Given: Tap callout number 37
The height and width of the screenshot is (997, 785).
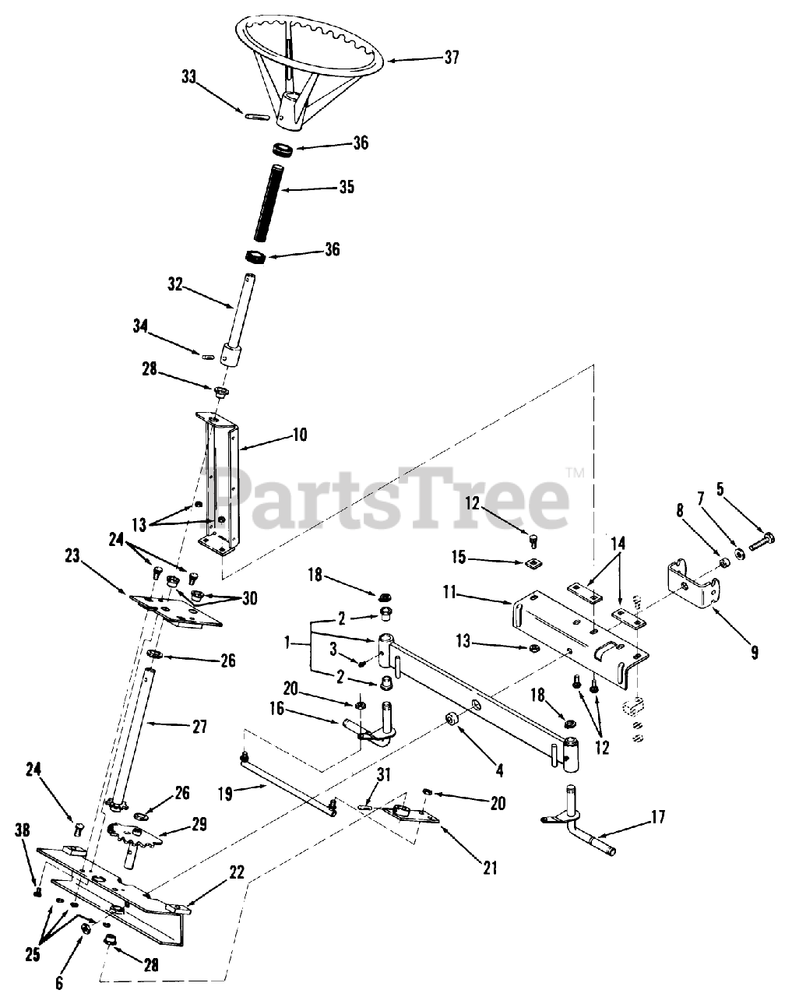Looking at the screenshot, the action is tap(451, 57).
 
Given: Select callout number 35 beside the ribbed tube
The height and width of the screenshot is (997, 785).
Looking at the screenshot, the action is tap(346, 187).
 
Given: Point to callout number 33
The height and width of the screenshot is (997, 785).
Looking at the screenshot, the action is tap(189, 77).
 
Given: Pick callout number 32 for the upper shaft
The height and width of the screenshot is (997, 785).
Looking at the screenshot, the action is tap(174, 285).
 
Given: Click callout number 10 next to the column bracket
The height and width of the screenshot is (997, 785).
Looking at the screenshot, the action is tap(299, 434).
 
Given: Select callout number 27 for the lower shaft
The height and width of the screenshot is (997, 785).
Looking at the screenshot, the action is tap(200, 727).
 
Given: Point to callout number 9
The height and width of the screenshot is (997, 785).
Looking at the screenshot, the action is tap(754, 653).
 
